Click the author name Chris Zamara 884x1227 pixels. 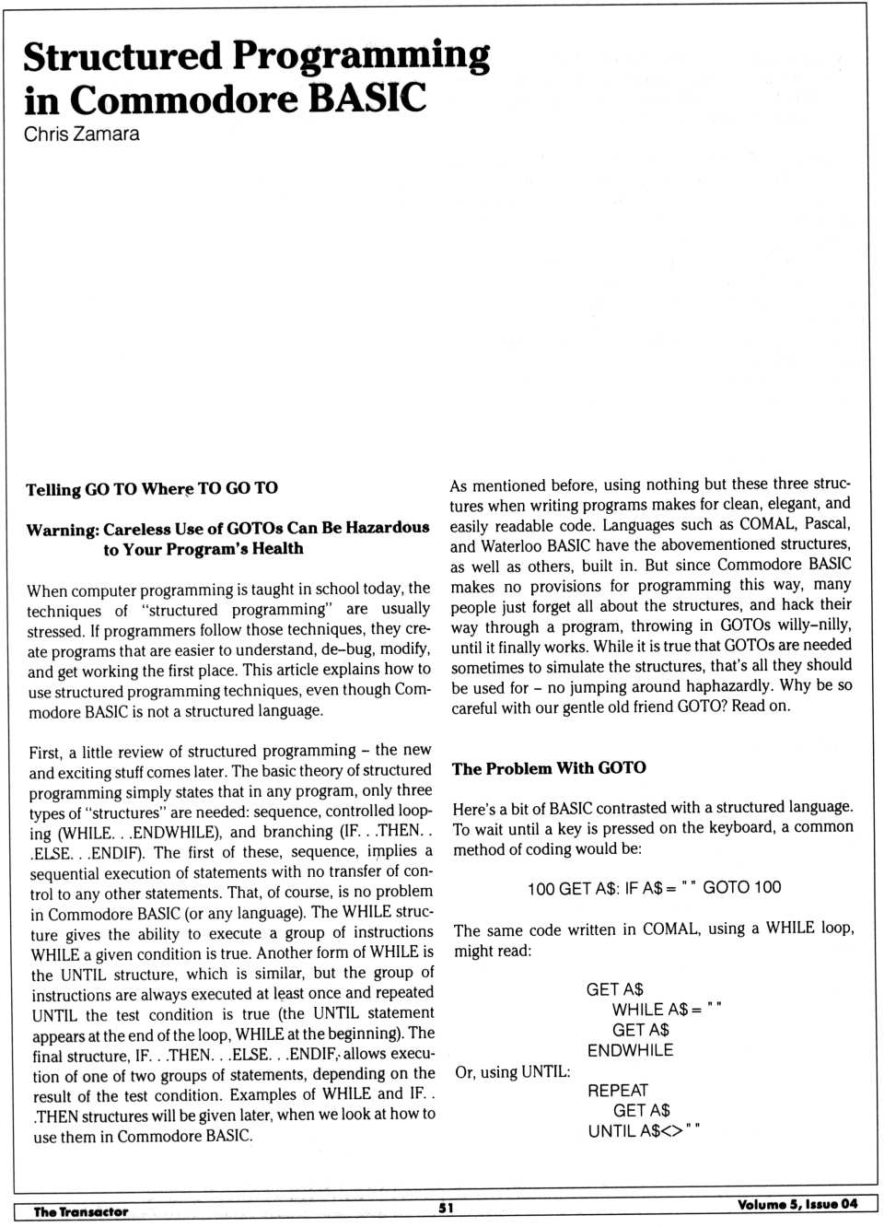coord(82,134)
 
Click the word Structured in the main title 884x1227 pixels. coord(122,56)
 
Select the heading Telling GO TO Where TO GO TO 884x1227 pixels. coord(152,488)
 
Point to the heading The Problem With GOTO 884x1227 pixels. coord(549,768)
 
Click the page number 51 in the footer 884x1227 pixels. coord(446,1208)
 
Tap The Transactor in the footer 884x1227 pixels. coord(81,1211)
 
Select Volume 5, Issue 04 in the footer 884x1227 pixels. coord(797,1204)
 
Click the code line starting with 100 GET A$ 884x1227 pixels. coord(654,888)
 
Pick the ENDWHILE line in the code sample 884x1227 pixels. coord(630,1050)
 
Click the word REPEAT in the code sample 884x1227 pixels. coord(618,1091)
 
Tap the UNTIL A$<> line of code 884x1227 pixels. coord(644,1131)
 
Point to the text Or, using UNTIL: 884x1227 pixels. coord(513,1072)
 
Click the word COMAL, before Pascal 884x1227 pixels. coord(767,523)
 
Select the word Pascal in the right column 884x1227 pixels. coord(827,523)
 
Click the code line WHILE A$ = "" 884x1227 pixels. coord(667,1010)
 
